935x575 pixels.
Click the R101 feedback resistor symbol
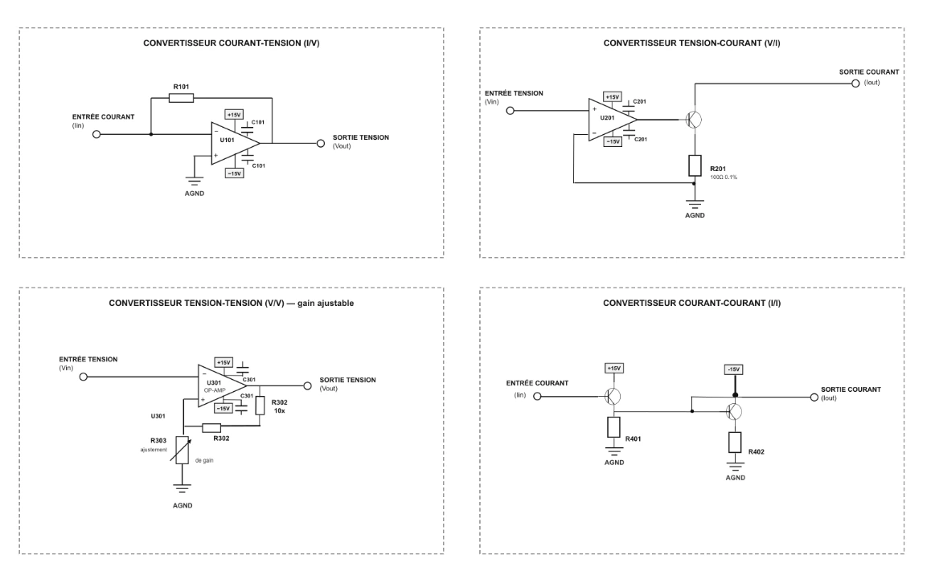pyautogui.click(x=181, y=98)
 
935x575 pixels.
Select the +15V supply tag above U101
pyautogui.click(x=234, y=114)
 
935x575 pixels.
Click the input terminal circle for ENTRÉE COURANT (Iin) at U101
pyautogui.click(x=96, y=134)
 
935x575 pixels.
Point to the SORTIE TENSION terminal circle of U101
pyautogui.click(x=321, y=143)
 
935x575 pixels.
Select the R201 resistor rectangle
pyautogui.click(x=695, y=165)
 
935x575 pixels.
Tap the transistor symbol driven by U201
pyautogui.click(x=693, y=120)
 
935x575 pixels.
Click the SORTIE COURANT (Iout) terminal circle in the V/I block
pyautogui.click(x=855, y=84)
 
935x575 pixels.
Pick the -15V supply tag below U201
pyautogui.click(x=613, y=142)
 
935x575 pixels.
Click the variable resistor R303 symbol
pyautogui.click(x=182, y=450)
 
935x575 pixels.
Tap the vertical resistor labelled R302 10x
pyautogui.click(x=260, y=406)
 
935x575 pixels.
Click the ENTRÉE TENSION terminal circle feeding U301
pyautogui.click(x=84, y=377)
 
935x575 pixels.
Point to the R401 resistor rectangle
pyautogui.click(x=613, y=427)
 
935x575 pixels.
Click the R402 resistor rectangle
pyautogui.click(x=735, y=442)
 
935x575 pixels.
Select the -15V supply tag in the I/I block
pyautogui.click(x=733, y=369)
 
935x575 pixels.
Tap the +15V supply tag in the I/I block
pyautogui.click(x=613, y=369)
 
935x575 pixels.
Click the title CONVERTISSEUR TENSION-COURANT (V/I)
pyautogui.click(x=691, y=43)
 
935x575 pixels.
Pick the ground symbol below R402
pyautogui.click(x=735, y=465)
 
